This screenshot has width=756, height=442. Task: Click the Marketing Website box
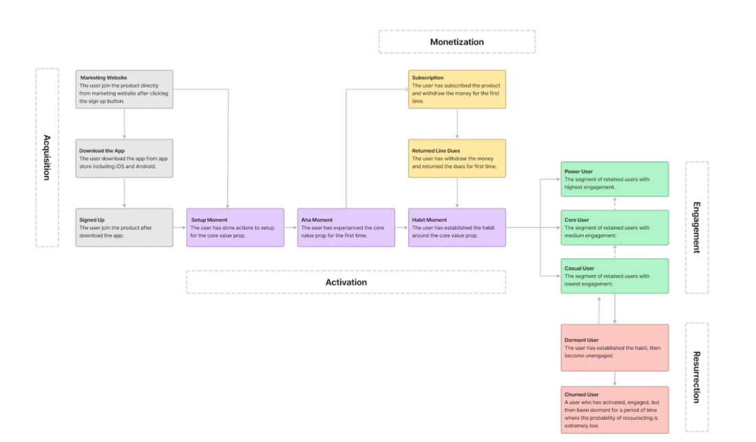(124, 89)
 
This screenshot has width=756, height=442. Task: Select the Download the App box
(124, 159)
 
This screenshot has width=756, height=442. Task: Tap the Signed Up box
(124, 228)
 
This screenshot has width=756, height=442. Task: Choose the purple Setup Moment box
(235, 228)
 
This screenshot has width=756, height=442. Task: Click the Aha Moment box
(346, 228)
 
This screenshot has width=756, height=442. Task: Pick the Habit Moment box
(457, 228)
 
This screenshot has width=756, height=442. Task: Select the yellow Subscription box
(457, 89)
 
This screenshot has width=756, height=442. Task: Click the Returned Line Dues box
(457, 159)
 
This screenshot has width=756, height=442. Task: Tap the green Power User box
(614, 179)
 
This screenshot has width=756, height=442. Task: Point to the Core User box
(614, 228)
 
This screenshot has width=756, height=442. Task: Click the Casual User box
(614, 276)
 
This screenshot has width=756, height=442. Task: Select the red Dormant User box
(614, 348)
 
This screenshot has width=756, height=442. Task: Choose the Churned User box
(614, 410)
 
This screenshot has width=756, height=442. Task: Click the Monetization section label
(457, 42)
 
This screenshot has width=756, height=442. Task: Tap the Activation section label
(346, 282)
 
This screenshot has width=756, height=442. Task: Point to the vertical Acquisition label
(47, 157)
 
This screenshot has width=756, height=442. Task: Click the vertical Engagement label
(696, 227)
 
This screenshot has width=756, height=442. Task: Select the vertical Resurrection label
(696, 377)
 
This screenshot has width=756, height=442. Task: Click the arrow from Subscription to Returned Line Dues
(457, 124)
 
